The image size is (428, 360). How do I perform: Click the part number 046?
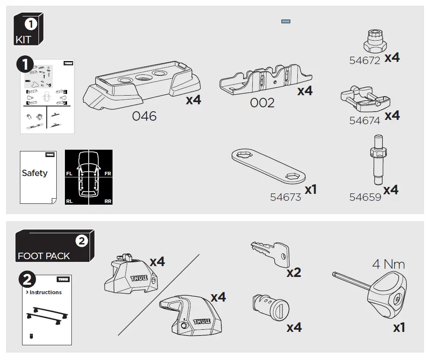point(144,116)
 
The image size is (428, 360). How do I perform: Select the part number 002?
point(262,103)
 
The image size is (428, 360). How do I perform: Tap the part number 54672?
point(364,61)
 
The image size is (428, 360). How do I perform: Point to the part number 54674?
point(364,121)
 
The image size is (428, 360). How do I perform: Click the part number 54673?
point(285,197)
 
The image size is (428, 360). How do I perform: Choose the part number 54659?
point(365,197)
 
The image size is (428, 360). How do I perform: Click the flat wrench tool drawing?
point(268,166)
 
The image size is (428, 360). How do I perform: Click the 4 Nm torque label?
point(388,264)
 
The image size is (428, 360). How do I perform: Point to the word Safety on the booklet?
point(35,173)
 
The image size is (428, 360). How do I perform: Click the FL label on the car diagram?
point(69,174)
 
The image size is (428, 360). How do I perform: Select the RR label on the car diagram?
point(108,201)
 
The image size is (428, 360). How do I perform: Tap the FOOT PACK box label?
point(44,256)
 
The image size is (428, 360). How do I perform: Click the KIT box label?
point(23,40)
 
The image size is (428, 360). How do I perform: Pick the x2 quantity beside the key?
point(293,273)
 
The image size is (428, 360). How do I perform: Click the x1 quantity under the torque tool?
point(399,328)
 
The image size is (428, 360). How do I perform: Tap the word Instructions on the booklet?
point(45,292)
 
